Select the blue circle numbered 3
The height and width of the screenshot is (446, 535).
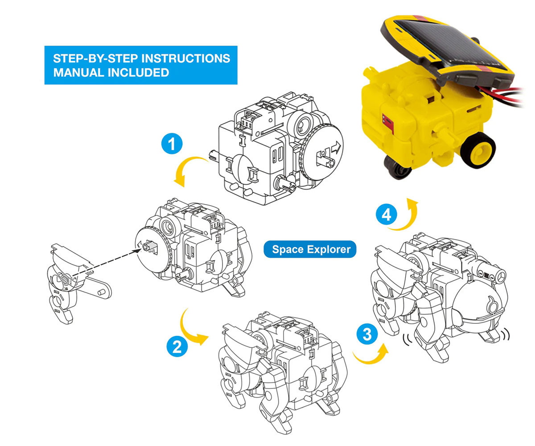(x=367, y=334)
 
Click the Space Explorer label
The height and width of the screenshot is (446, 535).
(x=310, y=249)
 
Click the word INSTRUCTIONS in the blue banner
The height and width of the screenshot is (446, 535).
(x=186, y=58)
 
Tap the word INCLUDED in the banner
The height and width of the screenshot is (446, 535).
(x=138, y=73)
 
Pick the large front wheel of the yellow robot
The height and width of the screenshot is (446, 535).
(x=478, y=150)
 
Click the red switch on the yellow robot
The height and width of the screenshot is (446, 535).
(x=388, y=123)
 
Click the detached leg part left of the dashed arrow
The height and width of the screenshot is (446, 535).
(x=74, y=282)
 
